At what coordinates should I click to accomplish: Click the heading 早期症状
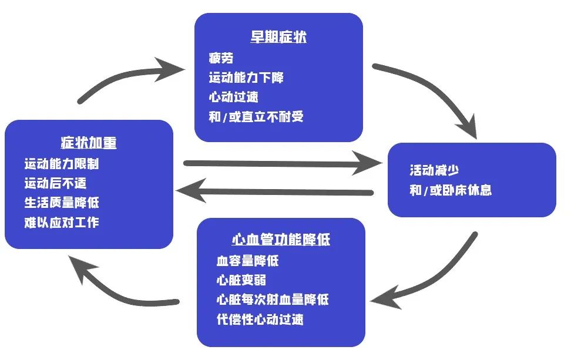coord(278,38)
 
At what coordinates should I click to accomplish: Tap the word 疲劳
coord(221,58)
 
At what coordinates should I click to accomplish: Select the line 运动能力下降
coord(247,78)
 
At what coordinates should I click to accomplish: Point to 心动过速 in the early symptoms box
coord(233,97)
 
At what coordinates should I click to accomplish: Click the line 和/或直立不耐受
coord(256,117)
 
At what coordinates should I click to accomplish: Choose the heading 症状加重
coord(89,143)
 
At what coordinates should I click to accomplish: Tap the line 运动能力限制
coord(61,164)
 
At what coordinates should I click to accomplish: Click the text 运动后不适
coord(55,183)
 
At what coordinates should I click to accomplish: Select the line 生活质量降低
coord(61,203)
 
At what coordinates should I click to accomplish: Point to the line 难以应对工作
coord(61,223)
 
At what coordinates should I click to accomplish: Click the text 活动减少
coord(434,170)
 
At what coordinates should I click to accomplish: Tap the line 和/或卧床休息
coord(451,190)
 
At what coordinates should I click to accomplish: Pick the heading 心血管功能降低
coord(281,240)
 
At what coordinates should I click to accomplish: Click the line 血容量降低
coord(247,260)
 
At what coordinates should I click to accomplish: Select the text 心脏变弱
coord(241,280)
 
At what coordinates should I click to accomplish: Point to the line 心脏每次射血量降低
coord(272,300)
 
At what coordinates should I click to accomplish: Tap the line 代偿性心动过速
coord(260,320)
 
